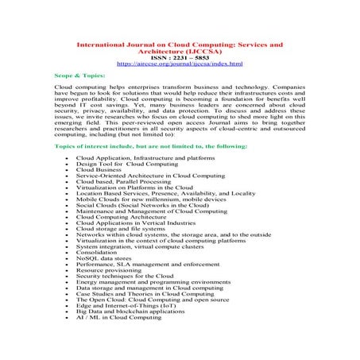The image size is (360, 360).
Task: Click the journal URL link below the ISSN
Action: point(179,62)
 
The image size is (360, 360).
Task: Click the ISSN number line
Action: point(179,56)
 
